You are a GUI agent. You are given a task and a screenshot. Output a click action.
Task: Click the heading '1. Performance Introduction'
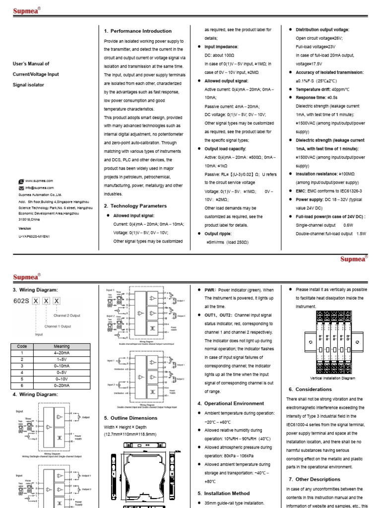137,31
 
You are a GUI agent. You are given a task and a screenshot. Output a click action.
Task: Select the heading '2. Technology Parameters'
135,206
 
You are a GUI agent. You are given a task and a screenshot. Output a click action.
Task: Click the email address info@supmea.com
39,188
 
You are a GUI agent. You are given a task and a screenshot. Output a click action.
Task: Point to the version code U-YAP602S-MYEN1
34,237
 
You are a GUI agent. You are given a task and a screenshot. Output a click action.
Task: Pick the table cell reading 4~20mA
62,353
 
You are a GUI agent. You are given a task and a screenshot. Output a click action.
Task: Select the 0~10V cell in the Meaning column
62,378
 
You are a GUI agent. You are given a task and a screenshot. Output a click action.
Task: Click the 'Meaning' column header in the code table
62,346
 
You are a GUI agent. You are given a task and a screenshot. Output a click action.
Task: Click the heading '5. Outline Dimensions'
130,418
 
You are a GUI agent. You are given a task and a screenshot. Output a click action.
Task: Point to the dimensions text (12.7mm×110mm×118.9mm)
130,435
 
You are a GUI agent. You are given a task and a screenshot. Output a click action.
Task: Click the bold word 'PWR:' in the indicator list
210,290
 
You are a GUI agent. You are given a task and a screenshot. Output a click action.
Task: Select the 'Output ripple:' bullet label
218,234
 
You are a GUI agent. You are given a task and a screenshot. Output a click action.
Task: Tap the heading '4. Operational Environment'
230,403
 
